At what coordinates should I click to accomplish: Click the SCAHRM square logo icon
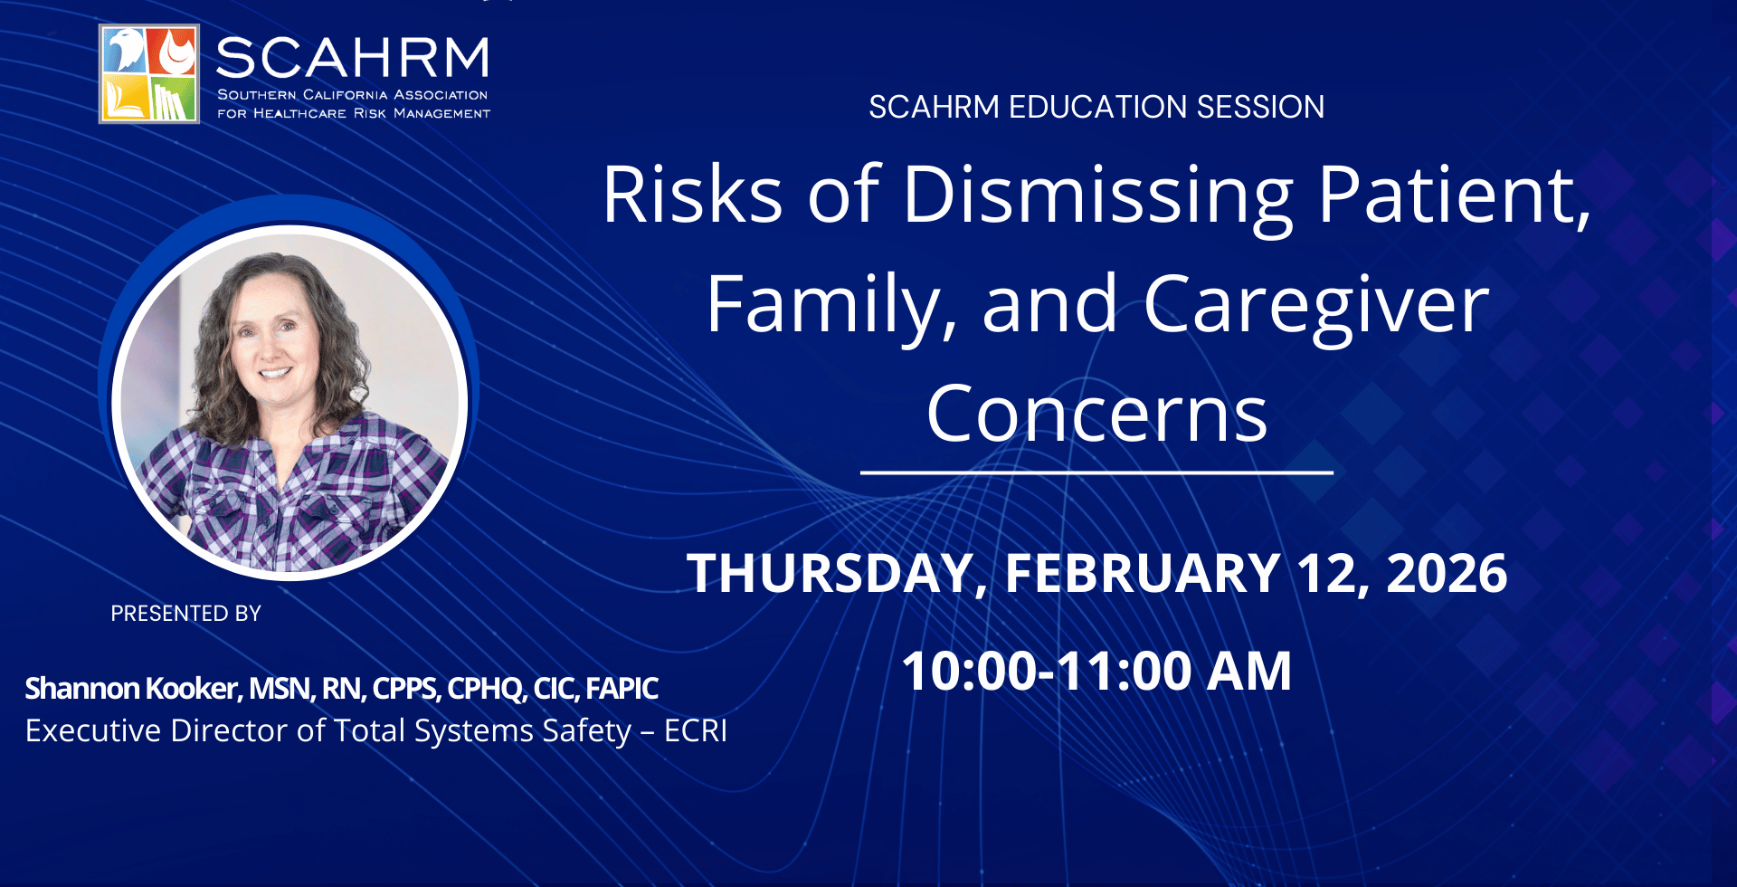coord(149,73)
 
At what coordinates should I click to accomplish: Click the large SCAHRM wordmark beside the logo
coord(353,58)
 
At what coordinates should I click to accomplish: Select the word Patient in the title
coord(1454,194)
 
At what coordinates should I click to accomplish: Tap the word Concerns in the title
coord(1096,415)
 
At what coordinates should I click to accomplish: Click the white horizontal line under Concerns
coord(1096,472)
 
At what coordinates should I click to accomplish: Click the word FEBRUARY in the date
coord(1142,573)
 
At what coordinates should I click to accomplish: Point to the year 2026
coord(1447,573)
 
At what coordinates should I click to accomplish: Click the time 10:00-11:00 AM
coord(1096,671)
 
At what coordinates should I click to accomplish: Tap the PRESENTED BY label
coord(185,614)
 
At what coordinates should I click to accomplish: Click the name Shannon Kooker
coord(132,689)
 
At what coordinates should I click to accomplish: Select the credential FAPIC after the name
coord(622,689)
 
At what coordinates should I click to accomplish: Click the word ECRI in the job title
coord(696,730)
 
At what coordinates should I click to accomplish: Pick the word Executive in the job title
coord(93,730)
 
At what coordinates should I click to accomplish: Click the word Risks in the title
coord(693,194)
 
